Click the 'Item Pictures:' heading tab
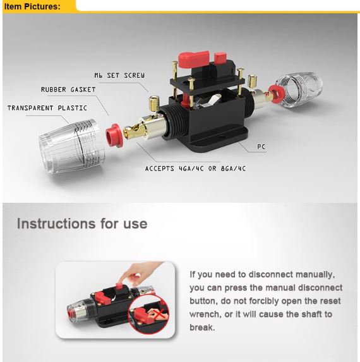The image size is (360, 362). pyautogui.click(x=32, y=6)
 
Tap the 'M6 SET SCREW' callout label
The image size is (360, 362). pyautogui.click(x=119, y=75)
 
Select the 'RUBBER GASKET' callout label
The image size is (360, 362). pyautogui.click(x=68, y=90)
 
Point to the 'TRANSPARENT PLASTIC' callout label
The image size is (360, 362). pyautogui.click(x=47, y=108)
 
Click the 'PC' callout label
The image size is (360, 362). pyautogui.click(x=261, y=147)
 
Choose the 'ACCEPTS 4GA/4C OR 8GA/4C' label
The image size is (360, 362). pyautogui.click(x=195, y=169)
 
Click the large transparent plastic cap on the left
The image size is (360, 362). pyautogui.click(x=72, y=147)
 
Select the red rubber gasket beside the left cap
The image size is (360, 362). pyautogui.click(x=114, y=135)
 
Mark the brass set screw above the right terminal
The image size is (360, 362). pyautogui.click(x=253, y=82)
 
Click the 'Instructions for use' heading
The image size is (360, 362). pyautogui.click(x=82, y=224)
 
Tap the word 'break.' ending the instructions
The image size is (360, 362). pyautogui.click(x=202, y=327)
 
